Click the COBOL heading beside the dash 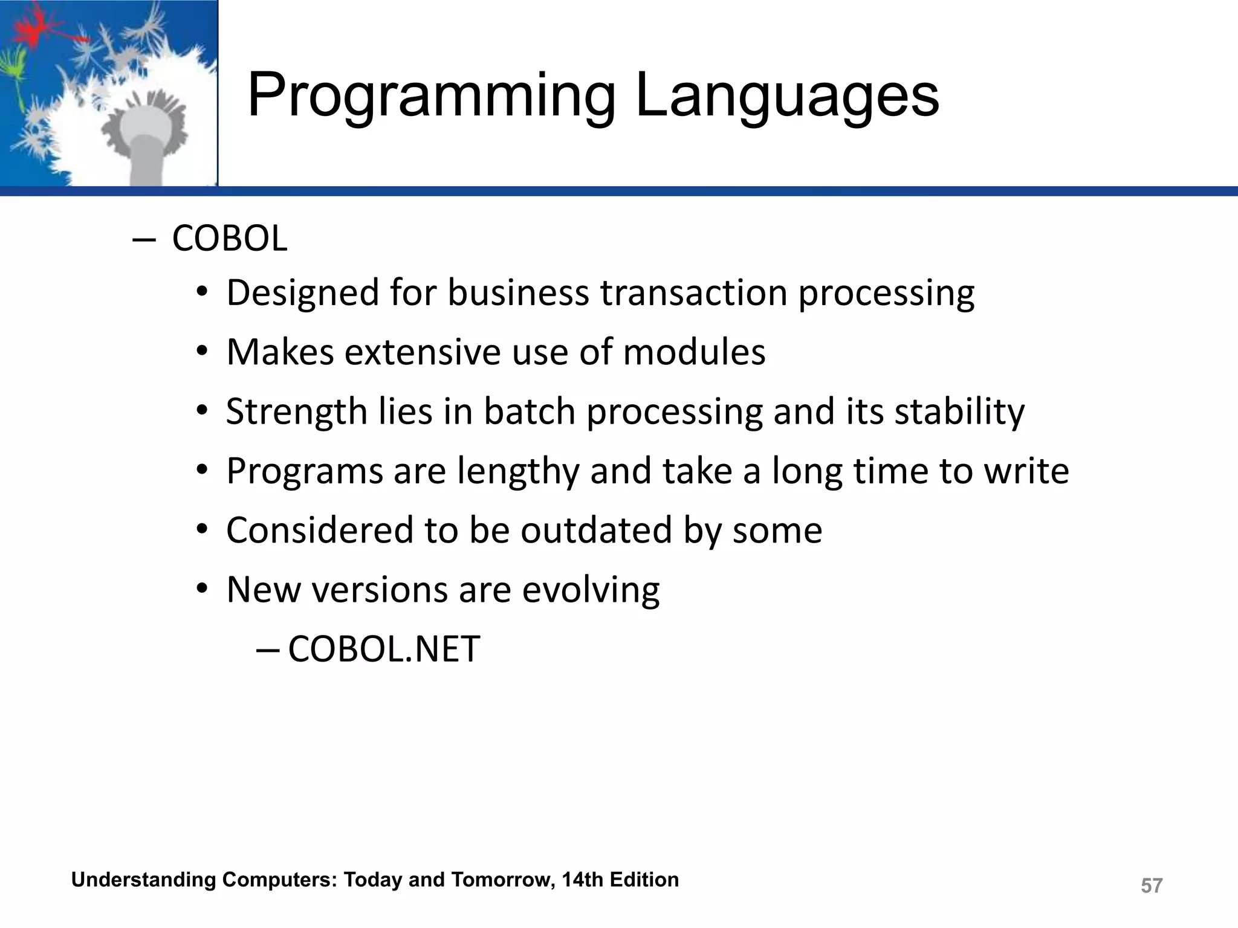[x=229, y=239]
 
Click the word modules [x=694, y=352]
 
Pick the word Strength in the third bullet [x=296, y=412]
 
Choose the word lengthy [x=518, y=471]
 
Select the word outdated [x=597, y=530]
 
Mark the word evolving [x=591, y=590]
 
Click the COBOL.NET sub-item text [x=384, y=649]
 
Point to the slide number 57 [x=1151, y=886]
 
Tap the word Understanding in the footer [x=143, y=880]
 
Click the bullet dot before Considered [x=203, y=530]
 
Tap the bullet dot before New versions [x=203, y=589]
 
